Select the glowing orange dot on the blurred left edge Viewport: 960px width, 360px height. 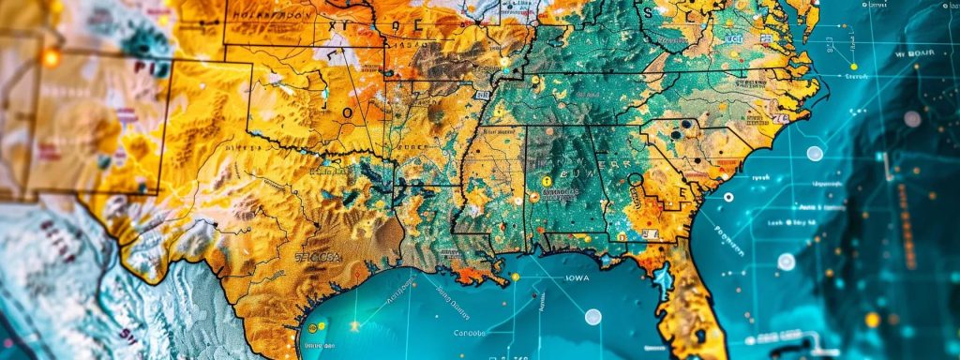(x=50, y=57)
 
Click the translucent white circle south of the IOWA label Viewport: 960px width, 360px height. (x=592, y=317)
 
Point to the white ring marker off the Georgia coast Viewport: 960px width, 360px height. (x=727, y=197)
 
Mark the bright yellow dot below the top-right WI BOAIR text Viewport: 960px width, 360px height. (x=853, y=67)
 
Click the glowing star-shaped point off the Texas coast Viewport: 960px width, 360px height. (x=355, y=325)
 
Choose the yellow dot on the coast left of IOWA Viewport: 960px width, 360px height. (x=515, y=277)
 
